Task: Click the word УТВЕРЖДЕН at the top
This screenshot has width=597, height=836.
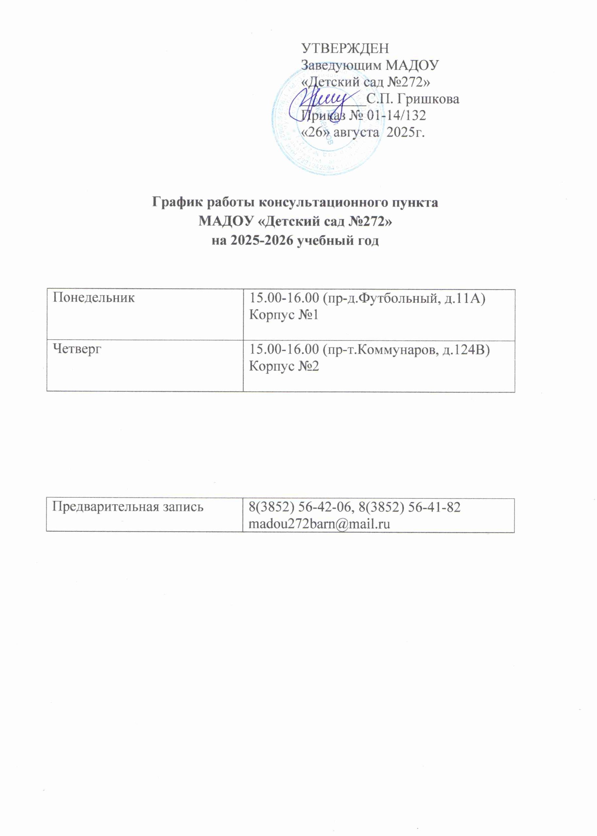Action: (345, 48)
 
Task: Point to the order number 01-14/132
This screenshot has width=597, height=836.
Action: (397, 115)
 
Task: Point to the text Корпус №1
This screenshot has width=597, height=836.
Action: (283, 315)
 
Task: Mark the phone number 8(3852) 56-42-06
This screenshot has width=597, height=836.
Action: (301, 507)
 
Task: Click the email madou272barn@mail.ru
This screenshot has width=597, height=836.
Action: (319, 524)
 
